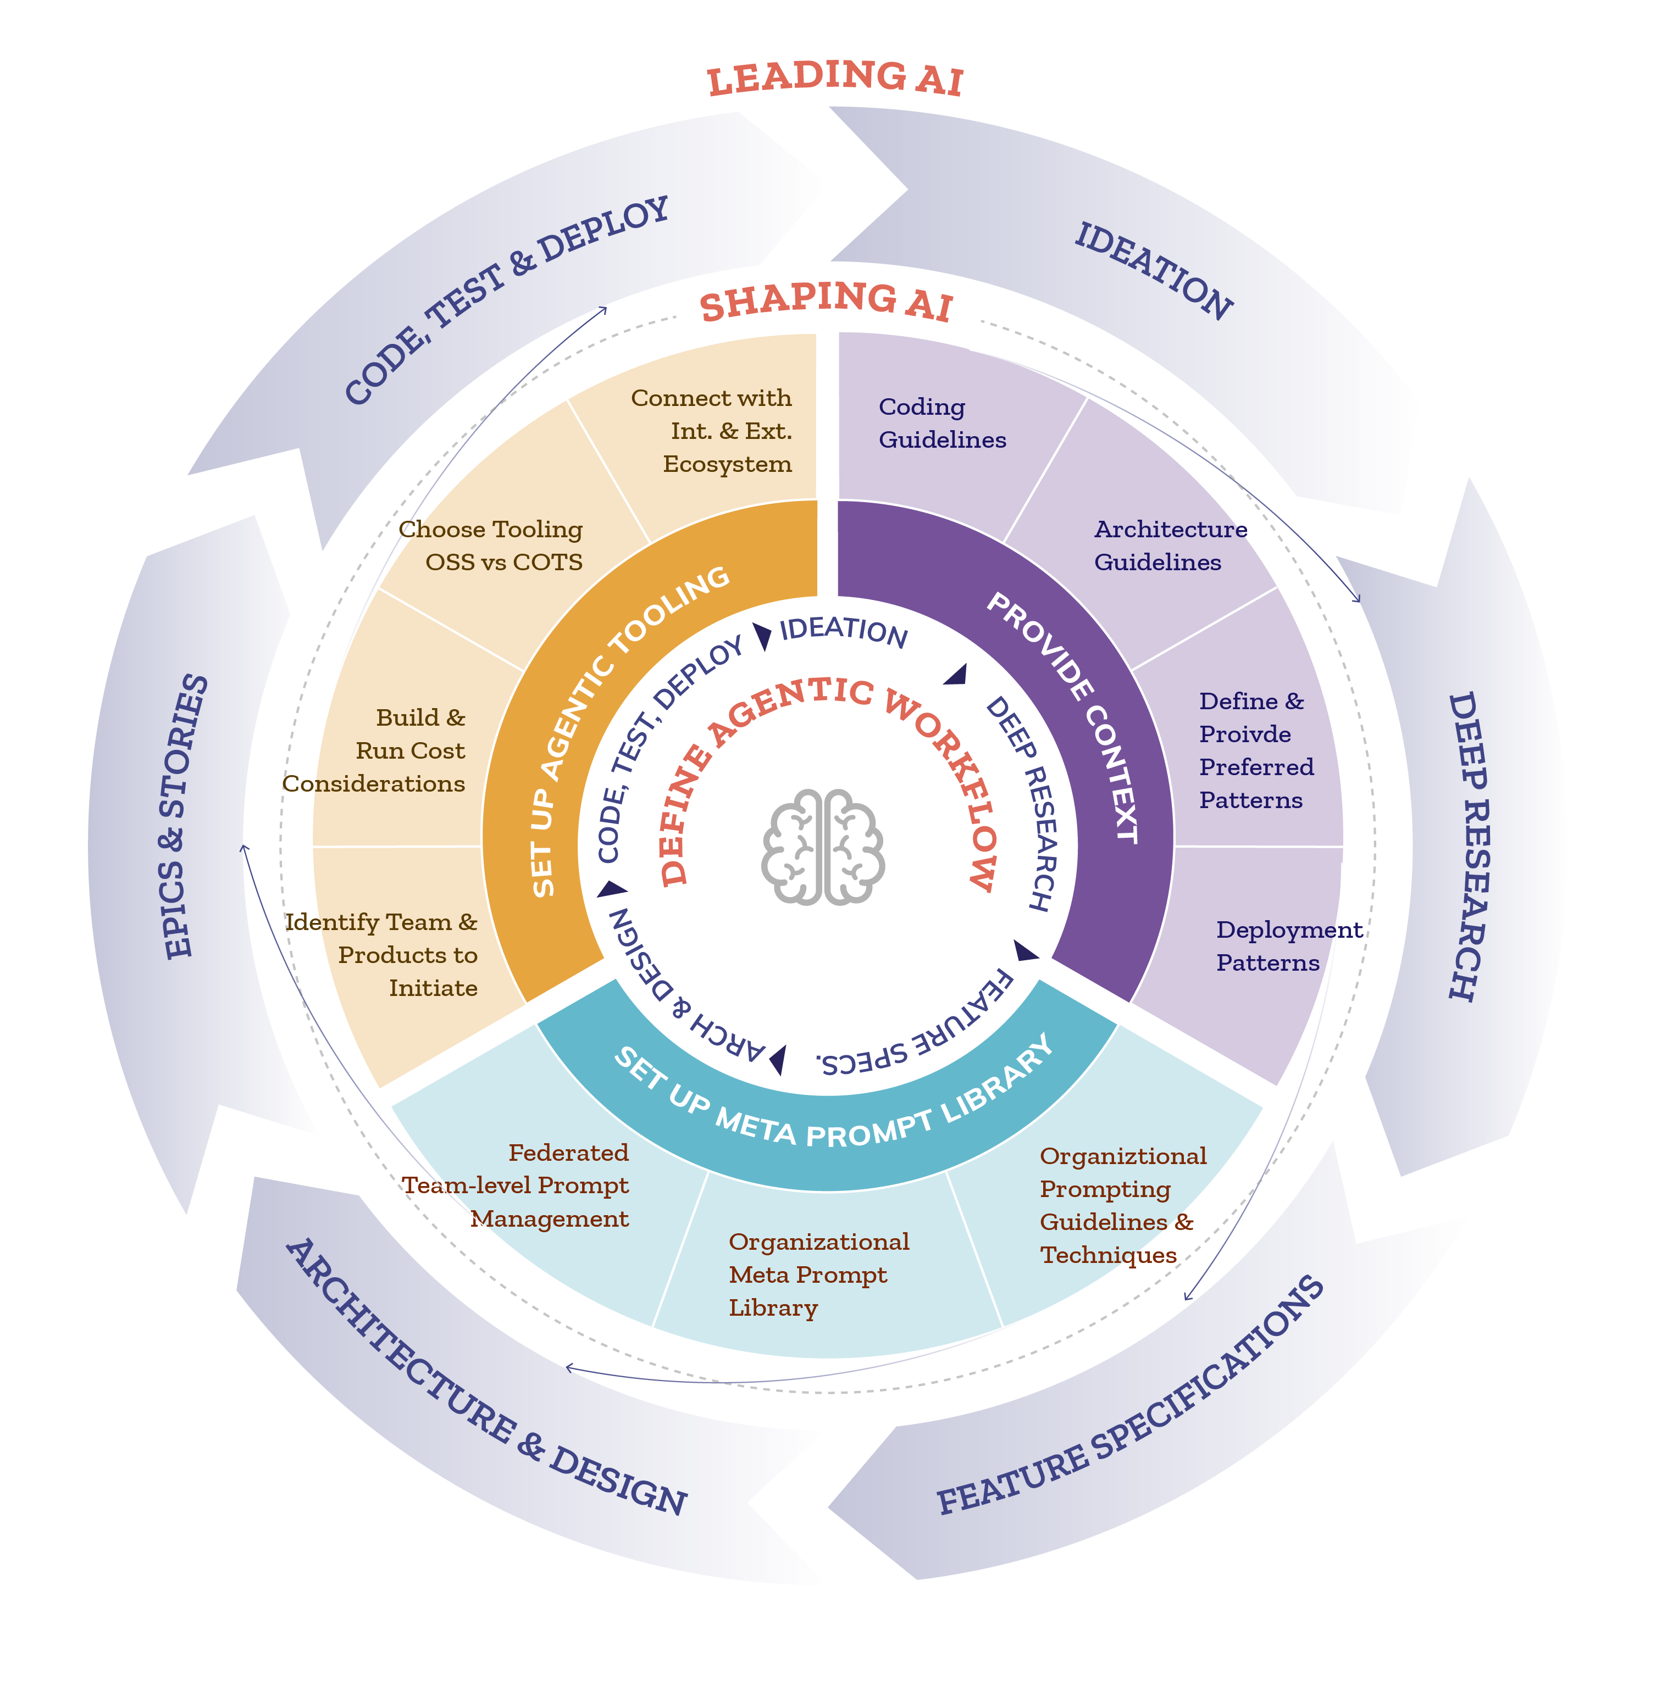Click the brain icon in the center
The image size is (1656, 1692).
click(x=823, y=846)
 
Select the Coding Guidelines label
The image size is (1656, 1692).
click(x=942, y=424)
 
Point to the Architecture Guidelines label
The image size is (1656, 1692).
click(x=1170, y=546)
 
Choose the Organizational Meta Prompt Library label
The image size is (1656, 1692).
click(x=818, y=1274)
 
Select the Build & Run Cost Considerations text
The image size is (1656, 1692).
click(x=391, y=751)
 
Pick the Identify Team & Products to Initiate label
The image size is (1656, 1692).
click(x=391, y=955)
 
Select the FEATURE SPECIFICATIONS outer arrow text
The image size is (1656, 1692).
click(x=1131, y=1400)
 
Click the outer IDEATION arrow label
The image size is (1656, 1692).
click(x=1153, y=270)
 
